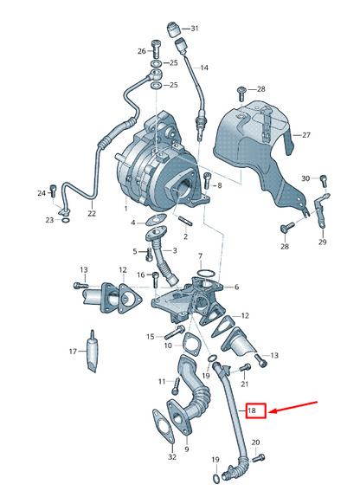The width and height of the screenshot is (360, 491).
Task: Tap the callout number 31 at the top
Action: click(195, 29)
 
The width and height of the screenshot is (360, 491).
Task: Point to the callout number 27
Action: click(305, 135)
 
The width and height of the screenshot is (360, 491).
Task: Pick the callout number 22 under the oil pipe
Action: click(93, 213)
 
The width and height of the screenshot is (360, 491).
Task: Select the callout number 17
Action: click(74, 352)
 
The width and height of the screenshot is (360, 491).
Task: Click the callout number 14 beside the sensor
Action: click(205, 68)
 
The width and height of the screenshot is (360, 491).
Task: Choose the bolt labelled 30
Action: click(323, 181)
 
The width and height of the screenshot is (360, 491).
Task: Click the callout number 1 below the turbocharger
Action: click(125, 209)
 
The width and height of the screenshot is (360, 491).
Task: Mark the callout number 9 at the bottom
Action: click(185, 451)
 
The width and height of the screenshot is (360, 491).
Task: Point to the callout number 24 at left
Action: click(40, 192)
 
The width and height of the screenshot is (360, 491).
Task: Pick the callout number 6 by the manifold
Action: click(236, 287)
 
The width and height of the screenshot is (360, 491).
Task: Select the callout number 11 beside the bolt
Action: click(161, 381)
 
